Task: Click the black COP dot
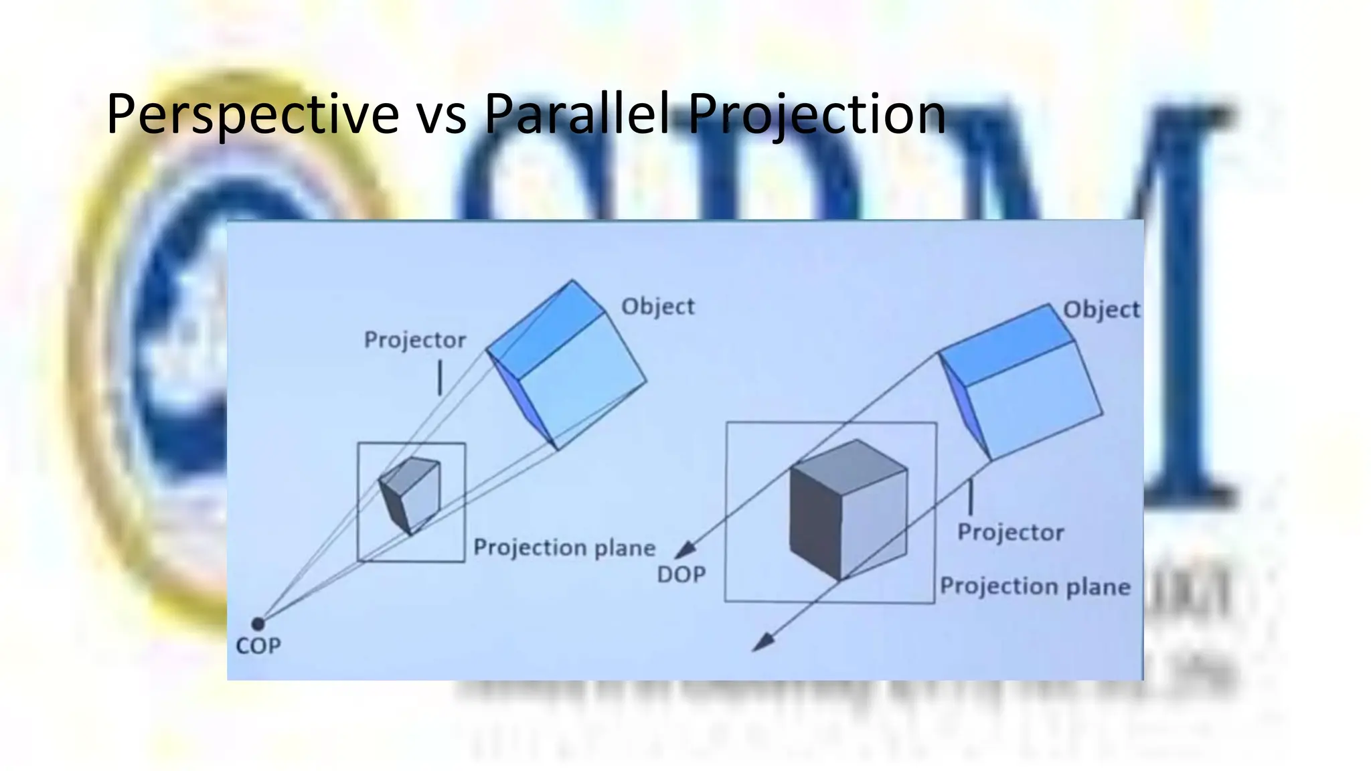click(258, 624)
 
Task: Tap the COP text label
click(258, 646)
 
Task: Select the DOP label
click(681, 574)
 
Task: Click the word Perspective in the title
click(252, 114)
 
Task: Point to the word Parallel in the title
click(576, 113)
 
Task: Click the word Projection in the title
click(817, 114)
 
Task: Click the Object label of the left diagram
click(658, 307)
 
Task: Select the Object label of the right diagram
click(1101, 310)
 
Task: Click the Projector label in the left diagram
click(414, 340)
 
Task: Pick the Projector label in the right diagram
click(1010, 532)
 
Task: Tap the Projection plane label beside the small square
click(564, 547)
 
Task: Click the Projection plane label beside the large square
click(1035, 586)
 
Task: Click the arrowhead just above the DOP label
click(684, 551)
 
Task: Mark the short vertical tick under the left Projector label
click(440, 377)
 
